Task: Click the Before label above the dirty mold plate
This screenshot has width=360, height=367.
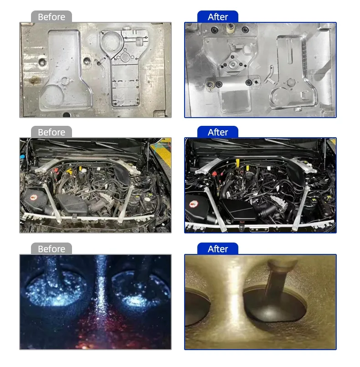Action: coord(51,17)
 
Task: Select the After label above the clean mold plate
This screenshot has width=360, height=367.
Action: coord(218,17)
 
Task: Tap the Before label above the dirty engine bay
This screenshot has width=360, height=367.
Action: coord(51,133)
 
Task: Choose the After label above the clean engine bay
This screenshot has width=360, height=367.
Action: coord(218,133)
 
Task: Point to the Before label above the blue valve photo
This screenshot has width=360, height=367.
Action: coord(51,249)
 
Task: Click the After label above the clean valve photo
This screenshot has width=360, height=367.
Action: coord(218,249)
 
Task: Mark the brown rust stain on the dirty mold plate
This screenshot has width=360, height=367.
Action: coord(34,80)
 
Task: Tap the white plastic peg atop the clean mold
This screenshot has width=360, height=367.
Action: coord(231,28)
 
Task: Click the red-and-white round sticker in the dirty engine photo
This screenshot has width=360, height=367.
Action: coord(33,198)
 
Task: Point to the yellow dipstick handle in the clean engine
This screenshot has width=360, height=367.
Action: coord(238,163)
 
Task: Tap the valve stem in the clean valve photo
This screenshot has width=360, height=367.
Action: coord(277,279)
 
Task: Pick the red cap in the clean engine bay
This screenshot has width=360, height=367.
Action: coord(215,174)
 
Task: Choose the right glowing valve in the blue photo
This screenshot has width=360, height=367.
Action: coord(140,290)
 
